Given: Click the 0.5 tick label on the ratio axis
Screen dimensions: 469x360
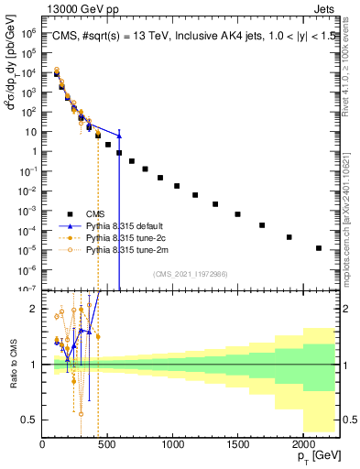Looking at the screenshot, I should pyautogui.click(x=31, y=420).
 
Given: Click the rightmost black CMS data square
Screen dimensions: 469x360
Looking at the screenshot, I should pyautogui.click(x=319, y=247).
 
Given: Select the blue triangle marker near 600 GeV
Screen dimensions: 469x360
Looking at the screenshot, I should pyautogui.click(x=119, y=135).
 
